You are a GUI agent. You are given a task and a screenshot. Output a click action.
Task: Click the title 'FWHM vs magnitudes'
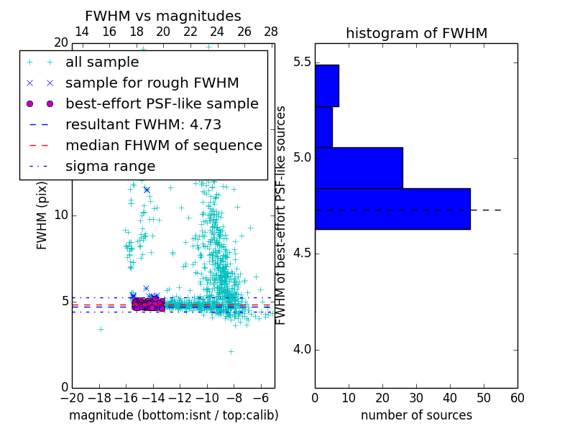[163, 17]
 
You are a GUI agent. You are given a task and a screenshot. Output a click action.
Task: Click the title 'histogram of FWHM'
[416, 33]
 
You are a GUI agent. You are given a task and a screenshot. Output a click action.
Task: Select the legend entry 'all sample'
[102, 62]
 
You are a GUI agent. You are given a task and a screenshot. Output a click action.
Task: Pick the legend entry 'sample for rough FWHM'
[152, 83]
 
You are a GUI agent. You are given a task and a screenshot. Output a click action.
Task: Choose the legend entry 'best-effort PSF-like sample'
[162, 104]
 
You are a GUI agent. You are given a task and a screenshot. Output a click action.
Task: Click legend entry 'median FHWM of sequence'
[163, 146]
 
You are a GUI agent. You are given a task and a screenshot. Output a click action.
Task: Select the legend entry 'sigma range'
[110, 167]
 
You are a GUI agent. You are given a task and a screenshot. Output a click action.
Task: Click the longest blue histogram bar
[392, 209]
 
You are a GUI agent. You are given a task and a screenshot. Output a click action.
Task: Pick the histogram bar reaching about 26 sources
[359, 167]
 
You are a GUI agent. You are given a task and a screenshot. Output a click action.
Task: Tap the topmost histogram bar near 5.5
[326, 85]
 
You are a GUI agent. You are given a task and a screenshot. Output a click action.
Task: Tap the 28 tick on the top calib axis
[271, 32]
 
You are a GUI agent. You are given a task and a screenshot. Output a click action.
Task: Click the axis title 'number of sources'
[416, 415]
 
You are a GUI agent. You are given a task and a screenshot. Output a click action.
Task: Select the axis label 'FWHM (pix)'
[42, 214]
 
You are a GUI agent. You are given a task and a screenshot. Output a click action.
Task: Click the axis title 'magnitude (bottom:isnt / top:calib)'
[173, 415]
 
